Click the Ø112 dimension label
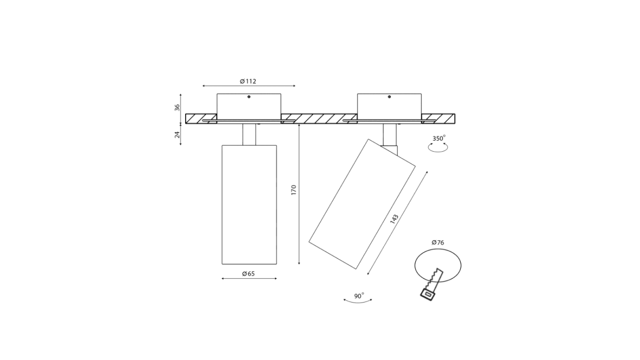pyautogui.click(x=248, y=81)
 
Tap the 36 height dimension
pyautogui.click(x=177, y=108)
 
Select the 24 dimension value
pyautogui.click(x=177, y=134)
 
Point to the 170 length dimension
pyautogui.click(x=293, y=190)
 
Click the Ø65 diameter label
pyautogui.click(x=248, y=274)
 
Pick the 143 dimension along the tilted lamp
pyautogui.click(x=394, y=219)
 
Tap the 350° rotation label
pyautogui.click(x=439, y=138)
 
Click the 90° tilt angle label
pyautogui.click(x=359, y=296)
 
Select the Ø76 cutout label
pyautogui.click(x=438, y=243)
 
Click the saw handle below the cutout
pyautogui.click(x=428, y=294)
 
